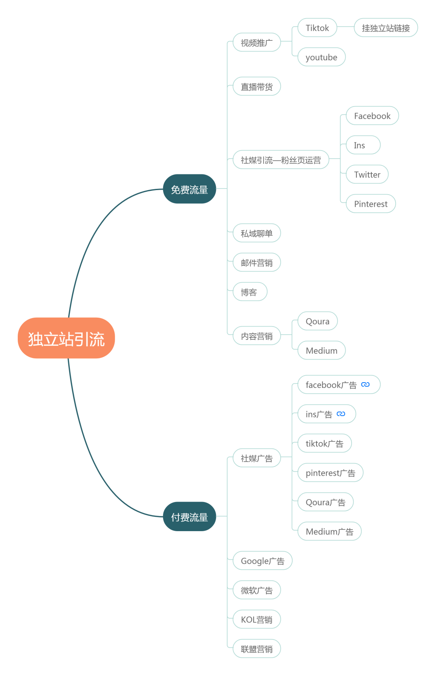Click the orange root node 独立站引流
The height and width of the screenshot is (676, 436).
point(66,338)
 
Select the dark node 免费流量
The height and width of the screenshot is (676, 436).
point(189,189)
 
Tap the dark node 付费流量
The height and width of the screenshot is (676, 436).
point(189,517)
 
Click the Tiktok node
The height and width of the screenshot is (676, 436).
point(317,28)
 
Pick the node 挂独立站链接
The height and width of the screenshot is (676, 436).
point(386,28)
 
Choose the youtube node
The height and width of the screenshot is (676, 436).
point(321,57)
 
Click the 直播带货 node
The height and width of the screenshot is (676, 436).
point(256,87)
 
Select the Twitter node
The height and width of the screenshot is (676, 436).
point(367,174)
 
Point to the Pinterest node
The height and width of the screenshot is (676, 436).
point(371,204)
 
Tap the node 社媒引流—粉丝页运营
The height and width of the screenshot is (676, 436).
point(281,160)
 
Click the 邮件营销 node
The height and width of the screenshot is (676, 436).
point(256,263)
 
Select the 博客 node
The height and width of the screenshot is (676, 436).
point(249,292)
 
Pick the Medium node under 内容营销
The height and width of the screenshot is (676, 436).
point(321,350)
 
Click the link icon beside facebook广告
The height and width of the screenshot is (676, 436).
point(365,385)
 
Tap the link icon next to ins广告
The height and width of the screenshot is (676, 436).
point(341,414)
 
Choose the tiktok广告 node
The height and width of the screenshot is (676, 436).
point(324,444)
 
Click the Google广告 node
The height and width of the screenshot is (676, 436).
point(262,561)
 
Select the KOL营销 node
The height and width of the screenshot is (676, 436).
point(256,619)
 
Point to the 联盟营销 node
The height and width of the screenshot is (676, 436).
point(256,649)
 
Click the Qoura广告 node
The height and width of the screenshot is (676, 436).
point(325,502)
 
